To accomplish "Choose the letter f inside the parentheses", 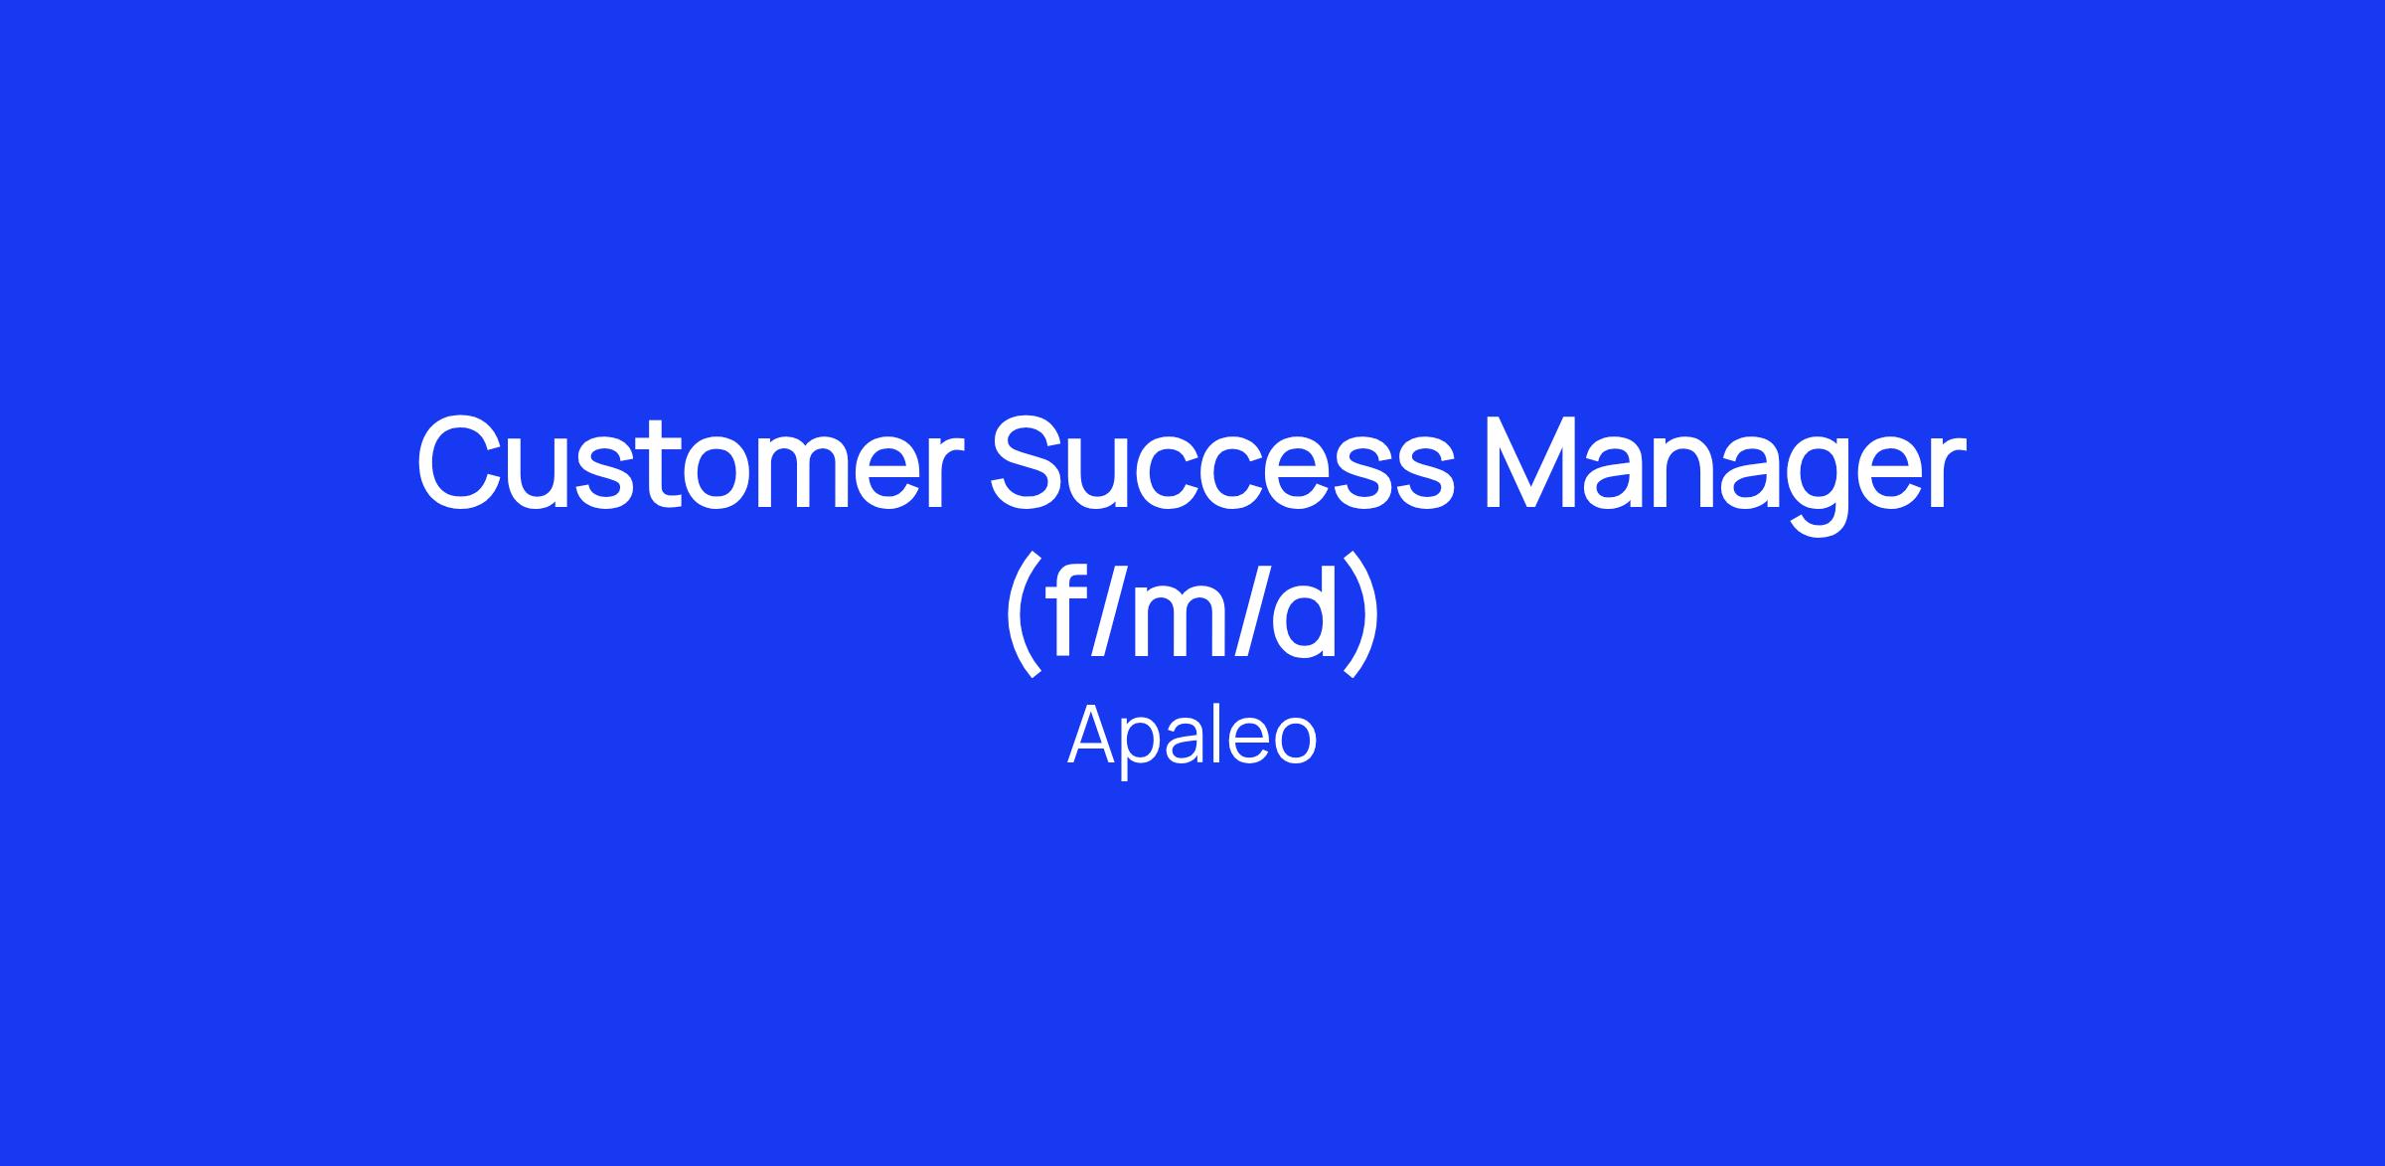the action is coord(1064,607).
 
